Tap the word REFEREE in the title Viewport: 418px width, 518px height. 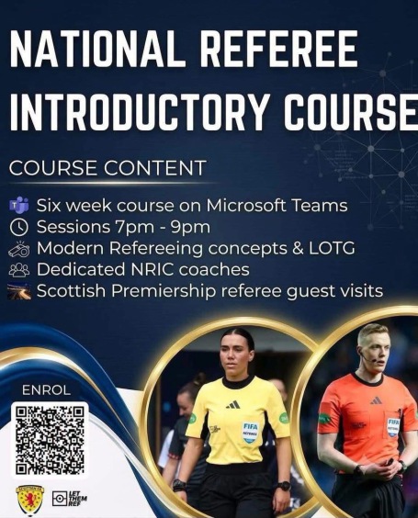pos(279,49)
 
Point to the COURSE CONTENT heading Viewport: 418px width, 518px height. pos(107,167)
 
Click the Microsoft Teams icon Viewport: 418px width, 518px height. pos(19,205)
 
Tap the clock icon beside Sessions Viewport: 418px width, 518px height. pos(19,227)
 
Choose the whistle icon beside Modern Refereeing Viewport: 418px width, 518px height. pos(19,249)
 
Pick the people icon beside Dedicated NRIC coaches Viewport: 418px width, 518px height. pos(19,270)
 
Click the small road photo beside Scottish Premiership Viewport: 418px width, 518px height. pos(19,291)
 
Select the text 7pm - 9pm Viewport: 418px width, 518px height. pos(163,227)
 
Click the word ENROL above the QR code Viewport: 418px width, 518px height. pos(46,390)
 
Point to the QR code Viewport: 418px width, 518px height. pos(50,440)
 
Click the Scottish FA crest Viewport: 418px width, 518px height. pos(29,499)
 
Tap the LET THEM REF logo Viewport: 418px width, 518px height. pos(70,499)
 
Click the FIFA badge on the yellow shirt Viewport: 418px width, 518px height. pos(250,432)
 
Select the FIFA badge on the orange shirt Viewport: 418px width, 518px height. pos(393,427)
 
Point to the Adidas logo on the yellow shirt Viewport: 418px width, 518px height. pos(233,404)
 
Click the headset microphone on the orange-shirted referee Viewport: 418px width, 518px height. pos(367,358)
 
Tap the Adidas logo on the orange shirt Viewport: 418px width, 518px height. pos(376,400)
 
